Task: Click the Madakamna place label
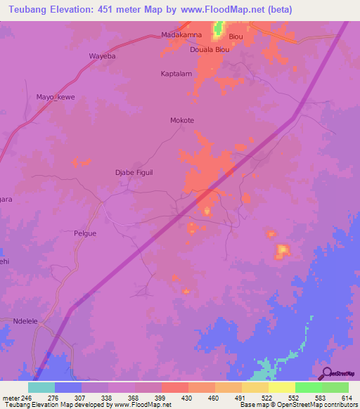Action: [x=181, y=35]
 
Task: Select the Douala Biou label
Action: [x=210, y=50]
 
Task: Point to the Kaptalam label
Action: [x=176, y=73]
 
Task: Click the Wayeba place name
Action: [x=101, y=56]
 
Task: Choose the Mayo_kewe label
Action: [x=56, y=97]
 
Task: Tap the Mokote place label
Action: [x=182, y=120]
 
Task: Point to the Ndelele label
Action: [x=26, y=321]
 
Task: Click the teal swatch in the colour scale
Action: [x=41, y=387]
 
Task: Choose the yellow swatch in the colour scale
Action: [x=282, y=387]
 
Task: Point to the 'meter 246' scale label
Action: [x=16, y=398]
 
